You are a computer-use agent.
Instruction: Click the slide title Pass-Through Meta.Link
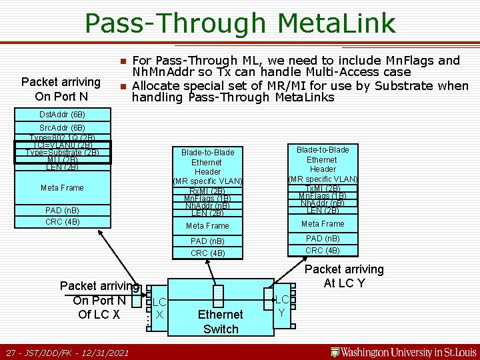(240, 23)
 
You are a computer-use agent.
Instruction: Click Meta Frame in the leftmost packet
(62, 188)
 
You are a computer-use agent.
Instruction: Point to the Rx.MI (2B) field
(207, 191)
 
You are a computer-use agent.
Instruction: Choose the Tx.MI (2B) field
(322, 188)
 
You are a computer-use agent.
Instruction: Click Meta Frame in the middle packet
(207, 226)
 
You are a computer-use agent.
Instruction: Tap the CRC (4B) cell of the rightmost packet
(322, 251)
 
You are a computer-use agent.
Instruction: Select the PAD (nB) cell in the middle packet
(207, 241)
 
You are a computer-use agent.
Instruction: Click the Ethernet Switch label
(221, 321)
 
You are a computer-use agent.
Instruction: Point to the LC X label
(159, 308)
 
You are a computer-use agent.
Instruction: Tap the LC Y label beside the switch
(282, 306)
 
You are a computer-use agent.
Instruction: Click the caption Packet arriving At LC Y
(344, 276)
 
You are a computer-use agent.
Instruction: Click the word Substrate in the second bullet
(406, 85)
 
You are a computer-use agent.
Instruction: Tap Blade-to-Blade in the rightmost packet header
(322, 149)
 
